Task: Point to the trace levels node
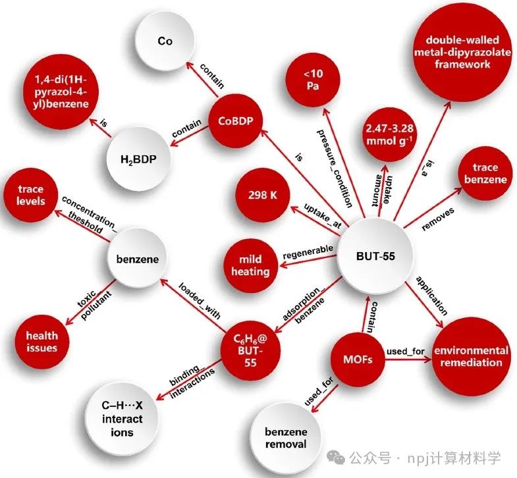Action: click(31, 195)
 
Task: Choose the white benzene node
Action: click(138, 259)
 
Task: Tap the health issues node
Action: click(41, 341)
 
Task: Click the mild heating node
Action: click(251, 265)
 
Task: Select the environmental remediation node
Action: click(472, 356)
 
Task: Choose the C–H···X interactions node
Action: click(121, 419)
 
